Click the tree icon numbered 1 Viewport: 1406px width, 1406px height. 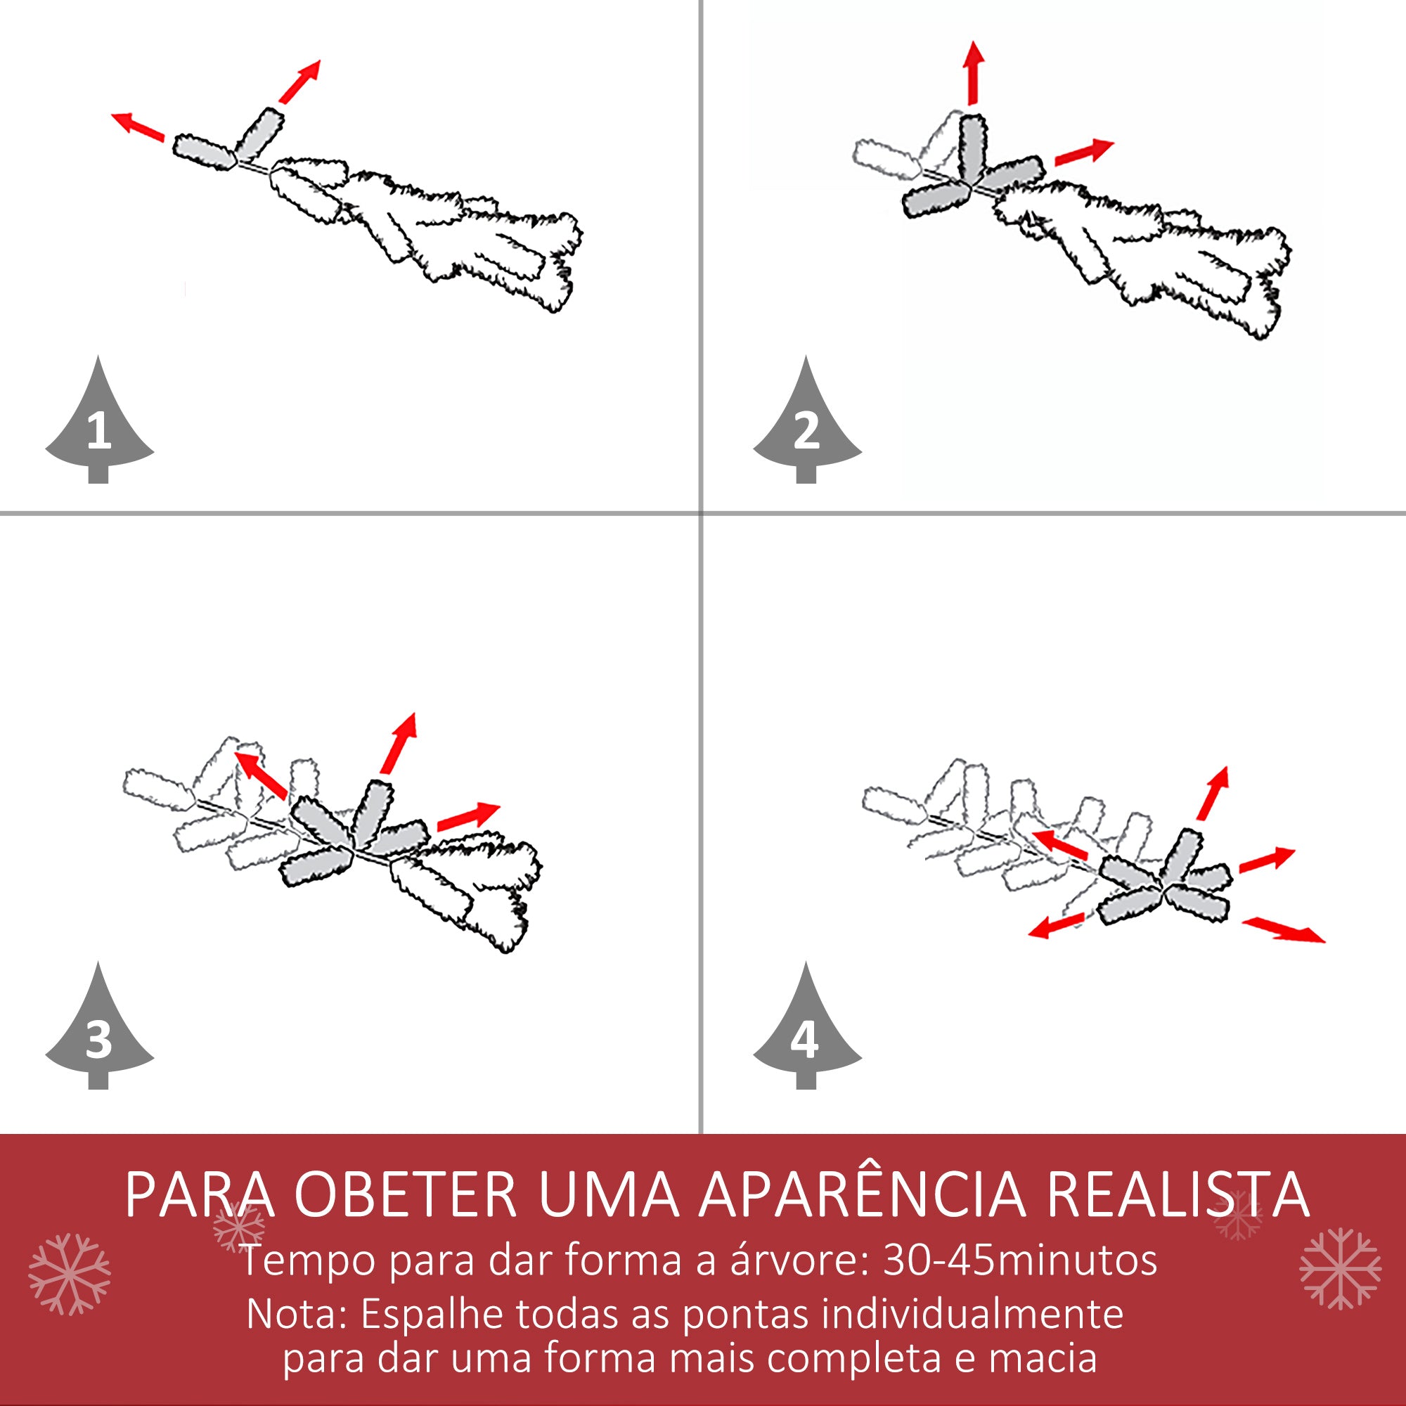[x=99, y=426]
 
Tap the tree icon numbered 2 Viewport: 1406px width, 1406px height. [x=806, y=426]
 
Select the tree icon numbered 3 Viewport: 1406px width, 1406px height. [x=99, y=1033]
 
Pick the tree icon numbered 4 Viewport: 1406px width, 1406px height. [x=806, y=1033]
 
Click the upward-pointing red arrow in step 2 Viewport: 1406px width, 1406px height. [x=973, y=73]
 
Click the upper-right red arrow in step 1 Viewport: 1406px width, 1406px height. [x=300, y=82]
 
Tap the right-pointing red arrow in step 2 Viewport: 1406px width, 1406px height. [x=1083, y=152]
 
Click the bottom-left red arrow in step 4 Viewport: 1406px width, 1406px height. [x=1058, y=927]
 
